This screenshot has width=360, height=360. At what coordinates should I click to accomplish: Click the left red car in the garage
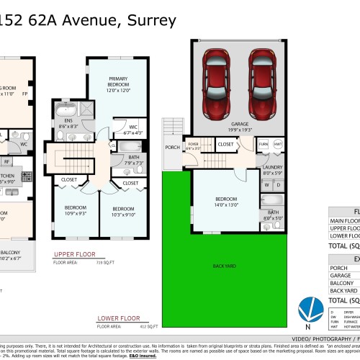(217, 84)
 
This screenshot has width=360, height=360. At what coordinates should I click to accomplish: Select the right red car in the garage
(263, 84)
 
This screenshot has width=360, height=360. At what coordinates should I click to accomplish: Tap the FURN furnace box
(263, 144)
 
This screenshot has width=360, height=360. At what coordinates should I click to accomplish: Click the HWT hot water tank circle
(278, 144)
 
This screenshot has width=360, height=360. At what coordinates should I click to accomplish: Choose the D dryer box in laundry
(278, 185)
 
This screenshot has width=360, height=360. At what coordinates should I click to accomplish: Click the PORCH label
(173, 148)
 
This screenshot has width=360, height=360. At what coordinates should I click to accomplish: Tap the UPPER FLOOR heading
(75, 255)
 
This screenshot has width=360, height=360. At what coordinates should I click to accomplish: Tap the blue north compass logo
(308, 309)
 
